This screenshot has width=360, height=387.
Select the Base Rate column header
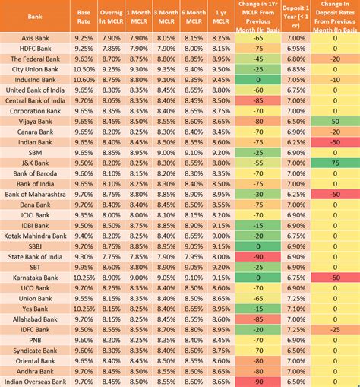84,15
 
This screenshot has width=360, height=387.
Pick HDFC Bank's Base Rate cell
84,47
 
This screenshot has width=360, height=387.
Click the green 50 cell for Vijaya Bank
335,120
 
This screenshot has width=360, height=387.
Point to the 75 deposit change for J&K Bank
335,163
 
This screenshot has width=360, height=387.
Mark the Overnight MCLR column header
111,15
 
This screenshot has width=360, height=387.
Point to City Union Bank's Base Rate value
84,68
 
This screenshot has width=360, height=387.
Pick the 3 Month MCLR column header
166,15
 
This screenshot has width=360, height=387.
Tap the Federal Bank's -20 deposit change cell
335,58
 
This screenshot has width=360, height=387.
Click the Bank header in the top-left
34,15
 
